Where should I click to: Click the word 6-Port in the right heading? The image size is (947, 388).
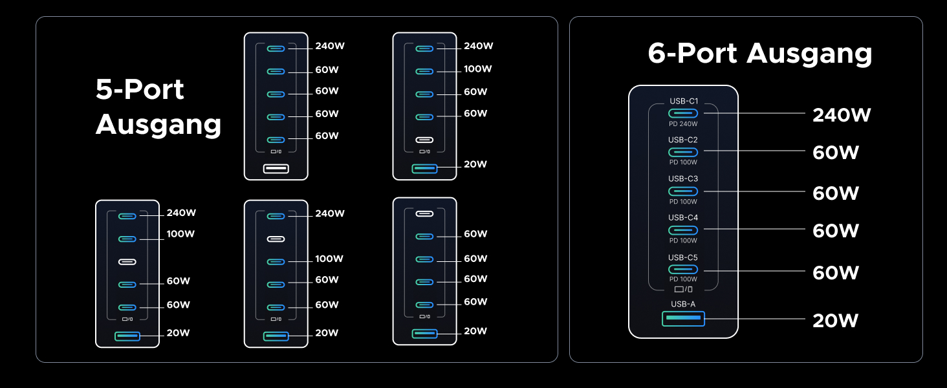693,54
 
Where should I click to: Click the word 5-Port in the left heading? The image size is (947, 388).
140,89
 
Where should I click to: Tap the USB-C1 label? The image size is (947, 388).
683,102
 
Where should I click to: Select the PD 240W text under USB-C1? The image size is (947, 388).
683,124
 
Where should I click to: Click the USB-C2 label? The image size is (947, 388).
683,140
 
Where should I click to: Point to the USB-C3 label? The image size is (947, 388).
683,178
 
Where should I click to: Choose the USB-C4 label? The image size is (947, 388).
683,217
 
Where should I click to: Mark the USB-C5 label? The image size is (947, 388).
683,257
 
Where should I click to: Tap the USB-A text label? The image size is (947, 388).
683,304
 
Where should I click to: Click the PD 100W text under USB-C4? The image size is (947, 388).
683,241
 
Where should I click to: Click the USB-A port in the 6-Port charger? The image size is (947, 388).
683,318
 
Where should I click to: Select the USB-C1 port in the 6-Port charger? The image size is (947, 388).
683,113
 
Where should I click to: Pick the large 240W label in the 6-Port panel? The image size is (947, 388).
842,115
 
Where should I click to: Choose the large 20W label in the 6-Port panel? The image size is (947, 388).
835,320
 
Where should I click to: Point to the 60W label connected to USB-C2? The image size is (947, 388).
835,153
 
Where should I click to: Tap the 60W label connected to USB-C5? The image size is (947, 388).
835,273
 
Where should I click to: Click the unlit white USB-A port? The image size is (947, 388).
276,169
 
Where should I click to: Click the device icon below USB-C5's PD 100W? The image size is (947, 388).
683,289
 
